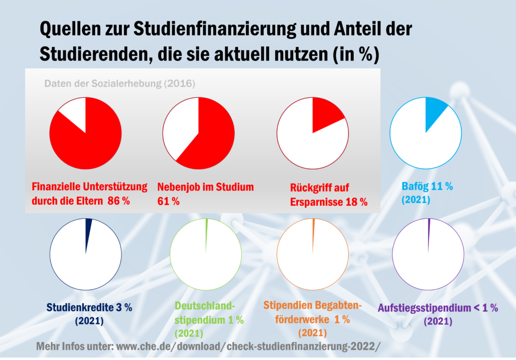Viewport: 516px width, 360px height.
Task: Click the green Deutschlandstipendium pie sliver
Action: coord(207,234)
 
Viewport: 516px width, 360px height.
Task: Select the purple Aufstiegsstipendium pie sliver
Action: coord(429,234)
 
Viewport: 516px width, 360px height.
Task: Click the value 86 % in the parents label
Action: coord(119,201)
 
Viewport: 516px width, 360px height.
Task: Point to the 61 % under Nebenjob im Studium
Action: coord(169,201)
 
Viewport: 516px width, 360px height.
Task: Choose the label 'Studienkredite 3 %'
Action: coord(89,307)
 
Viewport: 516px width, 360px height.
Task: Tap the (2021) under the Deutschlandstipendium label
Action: coord(188,333)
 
